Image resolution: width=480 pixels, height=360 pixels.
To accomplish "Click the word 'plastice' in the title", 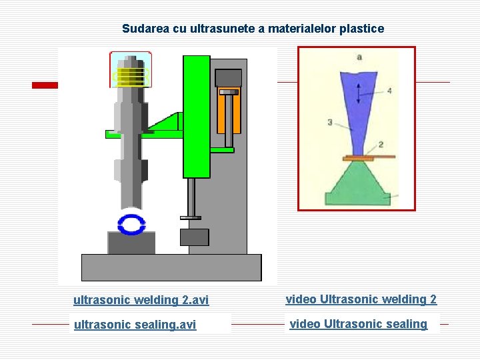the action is tap(362, 29).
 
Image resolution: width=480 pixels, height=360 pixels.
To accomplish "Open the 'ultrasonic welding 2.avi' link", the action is tap(141, 300).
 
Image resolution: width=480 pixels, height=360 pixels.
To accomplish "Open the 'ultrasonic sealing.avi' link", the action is tap(135, 325).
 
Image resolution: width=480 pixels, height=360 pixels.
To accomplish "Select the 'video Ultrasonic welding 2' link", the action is tap(361, 299).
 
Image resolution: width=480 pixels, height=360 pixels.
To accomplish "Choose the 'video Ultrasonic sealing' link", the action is tap(358, 324).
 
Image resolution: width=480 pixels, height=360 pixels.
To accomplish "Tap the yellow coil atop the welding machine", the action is tap(130, 74).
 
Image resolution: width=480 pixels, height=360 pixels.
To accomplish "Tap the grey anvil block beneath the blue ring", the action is tap(131, 243).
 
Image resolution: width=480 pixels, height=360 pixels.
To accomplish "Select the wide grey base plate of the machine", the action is tap(171, 267).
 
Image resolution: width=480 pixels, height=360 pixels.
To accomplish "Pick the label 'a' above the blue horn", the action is tap(359, 57).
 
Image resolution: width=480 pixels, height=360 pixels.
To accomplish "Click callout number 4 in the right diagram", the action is tap(389, 91).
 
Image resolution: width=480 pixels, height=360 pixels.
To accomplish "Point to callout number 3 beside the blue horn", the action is tap(329, 122).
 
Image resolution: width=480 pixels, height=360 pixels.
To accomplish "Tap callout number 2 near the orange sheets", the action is tap(380, 144).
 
